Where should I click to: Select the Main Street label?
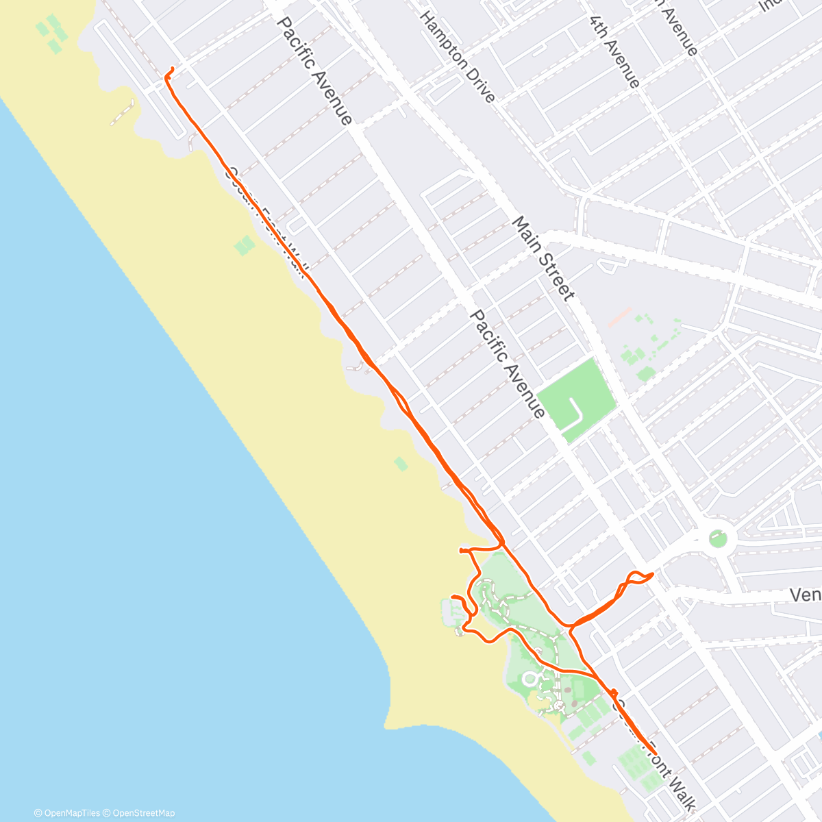click(x=543, y=258)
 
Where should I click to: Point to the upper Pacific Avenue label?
click(x=314, y=71)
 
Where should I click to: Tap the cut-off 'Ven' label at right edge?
click(x=805, y=594)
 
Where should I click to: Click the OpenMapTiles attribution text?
click(x=67, y=813)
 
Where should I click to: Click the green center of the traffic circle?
click(x=717, y=538)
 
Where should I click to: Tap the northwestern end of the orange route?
click(x=171, y=68)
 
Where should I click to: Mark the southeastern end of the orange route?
click(x=656, y=753)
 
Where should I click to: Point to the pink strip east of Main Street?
click(x=620, y=316)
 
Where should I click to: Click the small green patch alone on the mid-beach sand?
click(x=401, y=464)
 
